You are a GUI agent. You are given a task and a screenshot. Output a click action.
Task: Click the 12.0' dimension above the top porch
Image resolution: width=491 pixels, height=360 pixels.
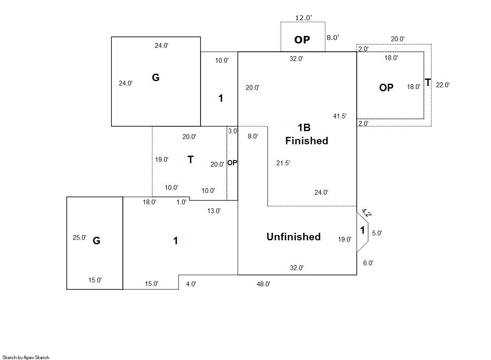(x=303, y=18)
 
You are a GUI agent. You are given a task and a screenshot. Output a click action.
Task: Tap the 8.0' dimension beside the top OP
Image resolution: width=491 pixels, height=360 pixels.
(x=332, y=38)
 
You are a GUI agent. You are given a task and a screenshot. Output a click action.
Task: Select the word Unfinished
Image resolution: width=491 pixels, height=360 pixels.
(x=294, y=237)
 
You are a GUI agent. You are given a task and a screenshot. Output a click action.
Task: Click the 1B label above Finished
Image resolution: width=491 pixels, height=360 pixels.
(x=304, y=128)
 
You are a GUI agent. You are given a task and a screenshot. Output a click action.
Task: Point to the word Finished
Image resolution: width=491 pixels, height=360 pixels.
(x=307, y=141)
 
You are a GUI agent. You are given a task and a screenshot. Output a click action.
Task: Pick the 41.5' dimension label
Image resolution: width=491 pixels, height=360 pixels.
(x=340, y=116)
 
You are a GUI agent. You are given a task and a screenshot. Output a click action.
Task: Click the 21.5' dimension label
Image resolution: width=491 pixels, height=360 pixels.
(x=283, y=163)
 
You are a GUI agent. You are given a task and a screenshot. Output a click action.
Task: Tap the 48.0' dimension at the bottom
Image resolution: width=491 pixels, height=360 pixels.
(x=263, y=284)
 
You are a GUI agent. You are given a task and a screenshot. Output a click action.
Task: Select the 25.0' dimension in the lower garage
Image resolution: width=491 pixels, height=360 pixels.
(x=79, y=238)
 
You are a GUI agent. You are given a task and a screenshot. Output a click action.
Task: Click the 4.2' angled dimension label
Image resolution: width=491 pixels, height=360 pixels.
(x=366, y=214)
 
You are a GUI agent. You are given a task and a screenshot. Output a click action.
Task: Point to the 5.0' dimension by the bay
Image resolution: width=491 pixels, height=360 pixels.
(x=377, y=233)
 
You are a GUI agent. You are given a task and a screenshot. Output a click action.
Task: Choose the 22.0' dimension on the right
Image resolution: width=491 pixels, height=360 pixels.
(x=443, y=85)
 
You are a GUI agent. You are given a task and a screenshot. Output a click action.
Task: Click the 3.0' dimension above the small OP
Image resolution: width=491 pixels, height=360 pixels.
(x=232, y=131)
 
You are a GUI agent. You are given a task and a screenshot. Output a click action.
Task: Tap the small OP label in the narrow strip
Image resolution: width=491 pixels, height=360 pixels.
(x=232, y=163)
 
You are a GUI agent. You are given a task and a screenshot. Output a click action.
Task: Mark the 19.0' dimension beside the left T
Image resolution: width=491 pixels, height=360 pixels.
(x=161, y=160)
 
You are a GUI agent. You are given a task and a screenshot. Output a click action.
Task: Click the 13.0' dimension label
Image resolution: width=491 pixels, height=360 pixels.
(x=214, y=211)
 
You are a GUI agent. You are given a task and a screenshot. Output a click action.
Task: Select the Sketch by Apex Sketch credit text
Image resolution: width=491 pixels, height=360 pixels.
(x=26, y=357)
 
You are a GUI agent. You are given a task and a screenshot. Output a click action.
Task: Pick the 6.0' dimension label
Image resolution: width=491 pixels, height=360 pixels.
(x=368, y=263)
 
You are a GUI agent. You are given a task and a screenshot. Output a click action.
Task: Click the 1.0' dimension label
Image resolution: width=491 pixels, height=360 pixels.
(x=181, y=202)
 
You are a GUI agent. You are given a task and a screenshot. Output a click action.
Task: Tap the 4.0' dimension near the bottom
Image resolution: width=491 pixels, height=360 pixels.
(x=191, y=284)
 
